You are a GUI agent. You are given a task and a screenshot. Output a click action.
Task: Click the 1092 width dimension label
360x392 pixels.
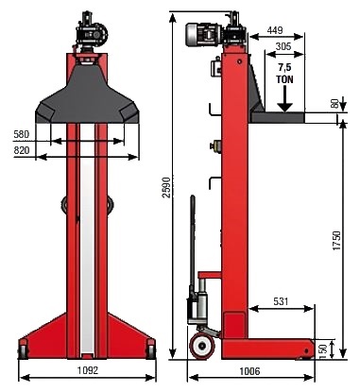[x=88, y=370]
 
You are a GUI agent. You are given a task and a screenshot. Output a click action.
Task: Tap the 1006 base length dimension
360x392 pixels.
[x=249, y=371]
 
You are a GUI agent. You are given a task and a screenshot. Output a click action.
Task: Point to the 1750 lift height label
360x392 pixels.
[x=336, y=241]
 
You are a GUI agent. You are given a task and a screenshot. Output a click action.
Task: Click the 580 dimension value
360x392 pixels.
[x=22, y=134]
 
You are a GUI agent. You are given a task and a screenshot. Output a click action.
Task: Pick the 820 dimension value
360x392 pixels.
[x=22, y=150]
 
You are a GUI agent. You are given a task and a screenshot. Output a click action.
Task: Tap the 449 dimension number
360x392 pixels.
[x=275, y=30]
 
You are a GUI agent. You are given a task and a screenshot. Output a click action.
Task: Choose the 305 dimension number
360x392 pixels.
[x=283, y=46]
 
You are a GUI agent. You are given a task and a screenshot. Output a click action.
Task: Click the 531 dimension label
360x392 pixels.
[x=281, y=301]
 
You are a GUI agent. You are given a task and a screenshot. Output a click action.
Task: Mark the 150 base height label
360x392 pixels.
[x=322, y=349]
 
